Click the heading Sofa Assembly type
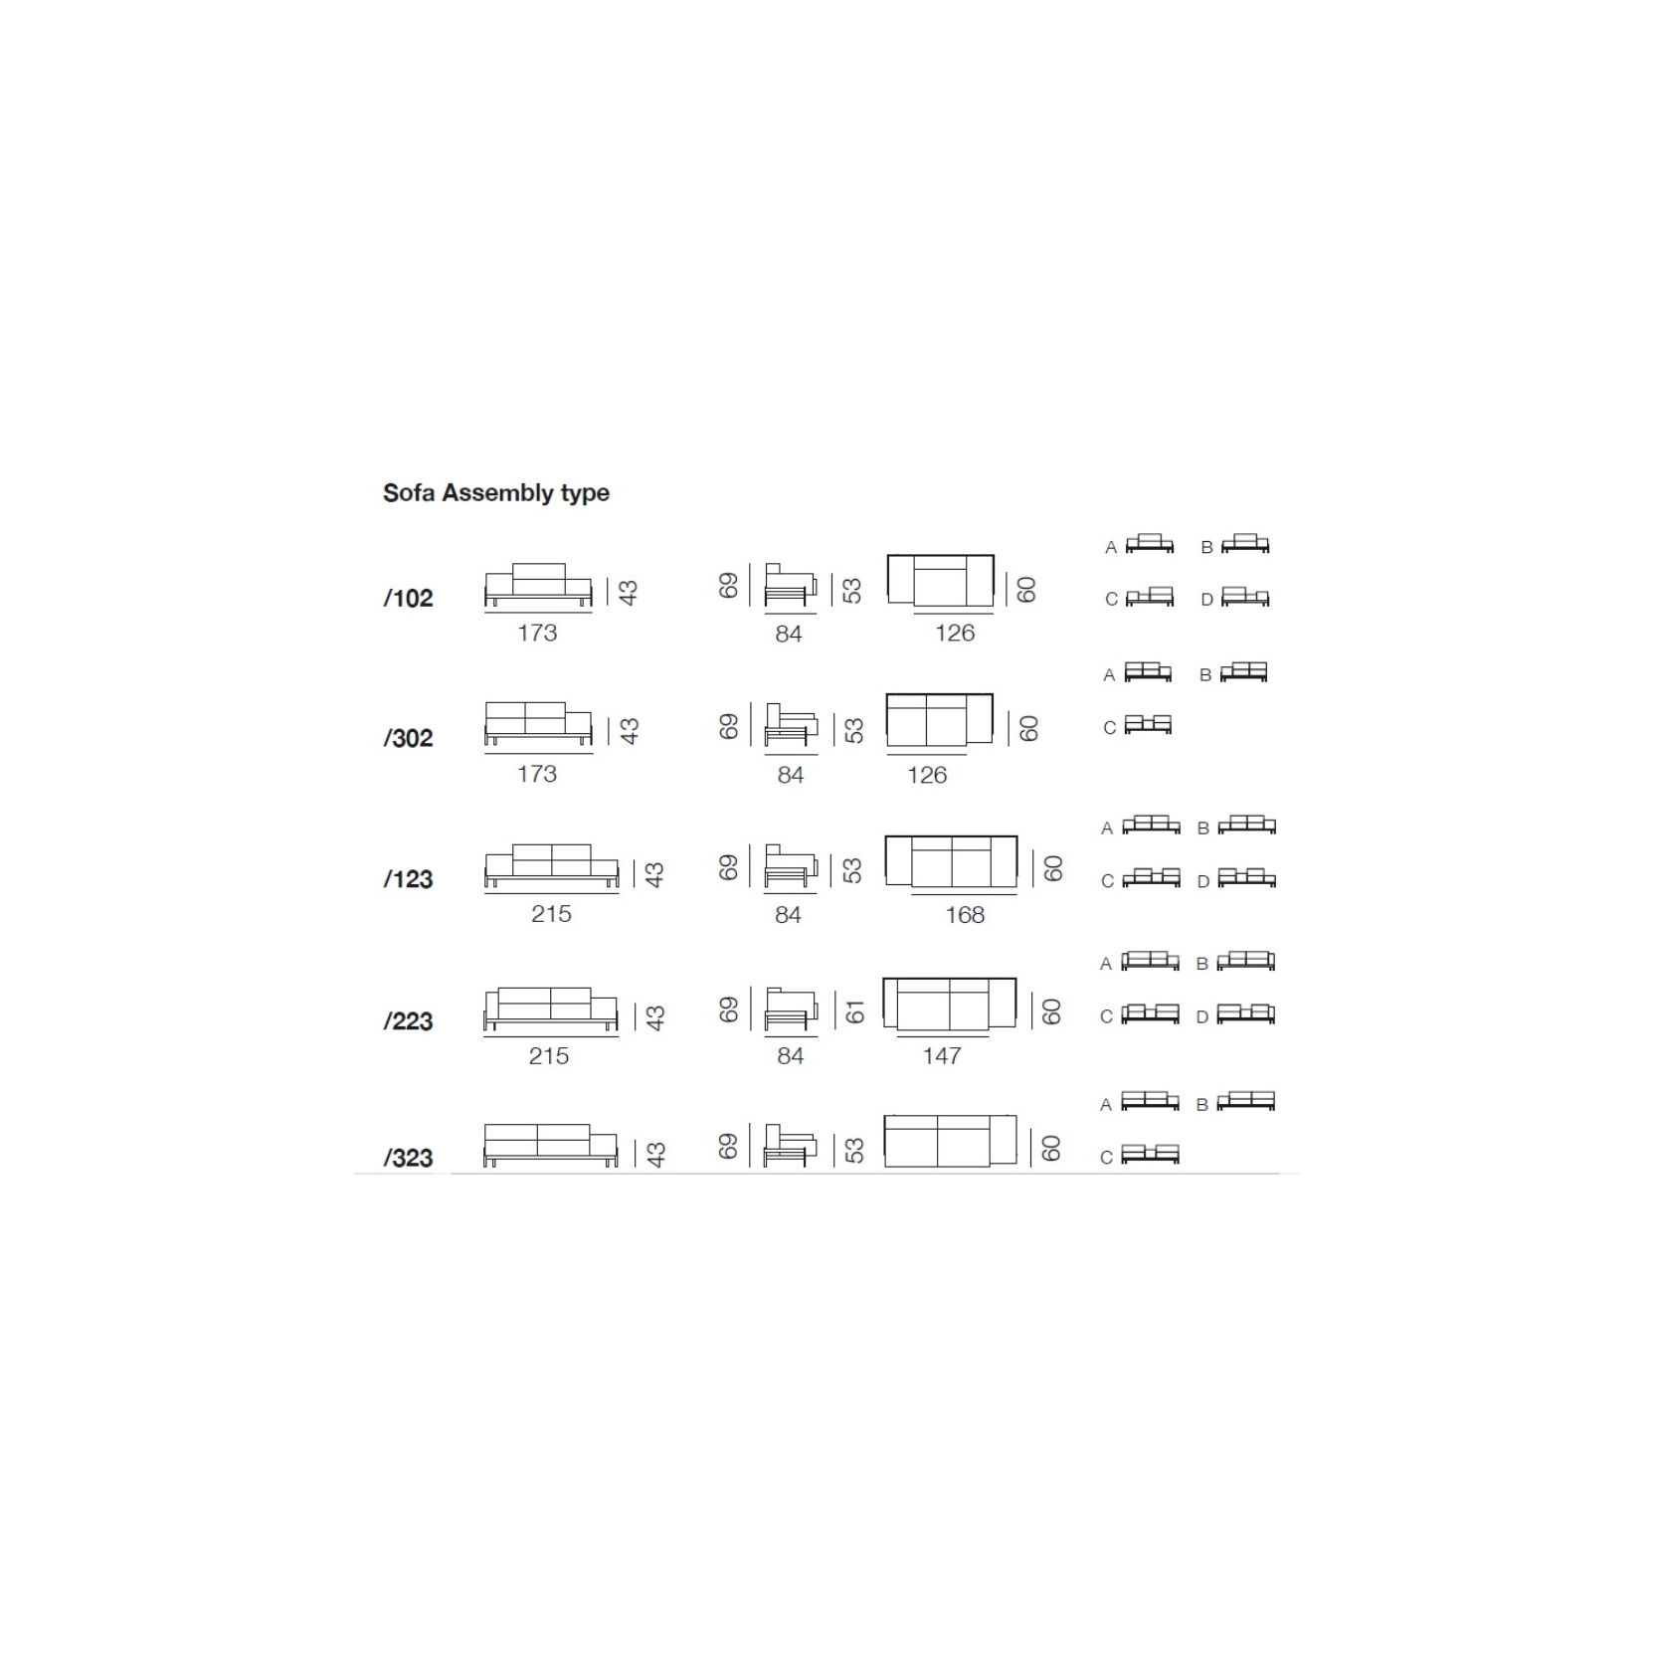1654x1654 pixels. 495,493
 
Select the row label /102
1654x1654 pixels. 409,598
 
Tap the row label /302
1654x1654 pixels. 409,738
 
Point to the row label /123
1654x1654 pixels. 409,879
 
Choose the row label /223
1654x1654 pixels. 409,1021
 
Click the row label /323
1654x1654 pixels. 409,1158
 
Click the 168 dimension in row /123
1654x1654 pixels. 965,915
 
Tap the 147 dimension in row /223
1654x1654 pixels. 942,1055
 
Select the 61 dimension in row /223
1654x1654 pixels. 854,1012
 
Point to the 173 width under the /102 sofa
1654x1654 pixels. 537,633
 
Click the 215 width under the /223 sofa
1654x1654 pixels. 549,1055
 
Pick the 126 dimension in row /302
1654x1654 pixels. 927,775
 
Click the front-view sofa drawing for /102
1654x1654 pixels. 538,585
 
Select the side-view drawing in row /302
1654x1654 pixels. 791,725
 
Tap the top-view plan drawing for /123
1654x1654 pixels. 951,861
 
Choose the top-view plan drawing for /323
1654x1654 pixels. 950,1141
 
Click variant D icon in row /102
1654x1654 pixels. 1245,597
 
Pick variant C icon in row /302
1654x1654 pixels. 1148,724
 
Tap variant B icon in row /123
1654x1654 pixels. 1246,825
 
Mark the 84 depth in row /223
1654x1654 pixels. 791,1055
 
